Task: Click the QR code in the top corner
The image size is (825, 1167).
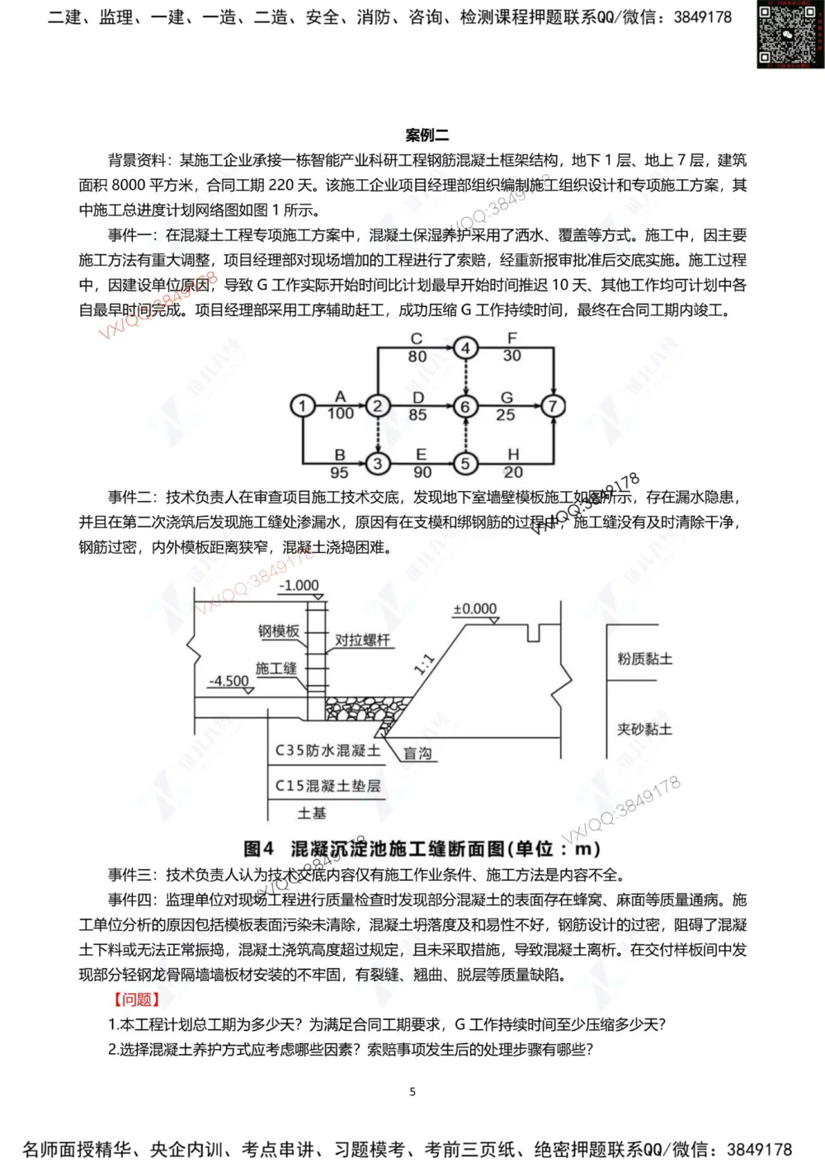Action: coord(790,34)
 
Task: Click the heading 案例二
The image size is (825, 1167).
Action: coord(427,135)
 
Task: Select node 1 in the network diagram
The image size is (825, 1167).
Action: coord(303,406)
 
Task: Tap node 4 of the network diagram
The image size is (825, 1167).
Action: coord(465,348)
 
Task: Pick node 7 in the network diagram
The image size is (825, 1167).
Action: coord(552,406)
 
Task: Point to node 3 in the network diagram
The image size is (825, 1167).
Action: coord(378,464)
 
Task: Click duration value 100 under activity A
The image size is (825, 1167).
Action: coord(340,413)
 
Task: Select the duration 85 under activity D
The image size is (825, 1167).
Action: coord(417,414)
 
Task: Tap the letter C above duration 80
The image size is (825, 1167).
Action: coord(417,339)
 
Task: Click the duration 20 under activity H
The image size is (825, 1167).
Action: coord(513,473)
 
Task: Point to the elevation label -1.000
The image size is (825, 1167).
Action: coord(299,585)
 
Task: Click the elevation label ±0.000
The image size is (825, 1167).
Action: coord(475,609)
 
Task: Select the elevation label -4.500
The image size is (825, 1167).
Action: coord(229,681)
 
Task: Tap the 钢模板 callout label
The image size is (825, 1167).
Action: coord(279,631)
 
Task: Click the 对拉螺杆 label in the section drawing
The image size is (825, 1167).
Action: coord(362,640)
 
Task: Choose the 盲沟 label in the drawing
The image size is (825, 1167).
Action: coord(417,754)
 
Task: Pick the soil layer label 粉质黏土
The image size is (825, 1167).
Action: coord(644,659)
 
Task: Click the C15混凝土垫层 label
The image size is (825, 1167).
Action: coord(328,786)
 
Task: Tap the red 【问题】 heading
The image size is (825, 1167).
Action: coord(137,999)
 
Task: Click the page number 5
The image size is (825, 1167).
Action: coord(412,1092)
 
